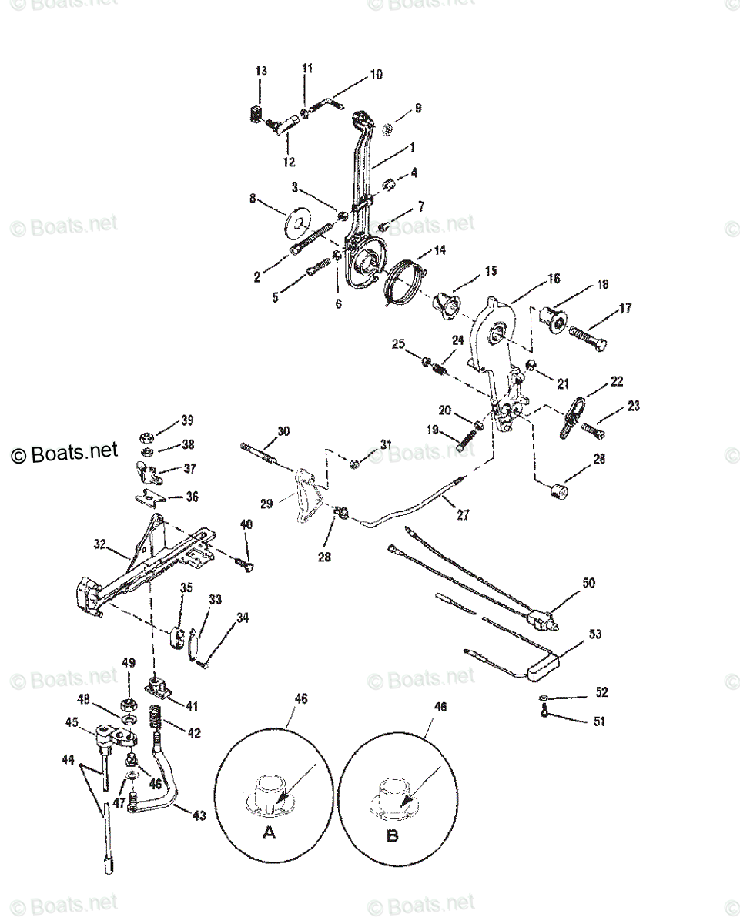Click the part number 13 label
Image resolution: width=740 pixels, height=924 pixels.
[261, 72]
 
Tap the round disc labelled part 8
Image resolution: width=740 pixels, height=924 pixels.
[297, 224]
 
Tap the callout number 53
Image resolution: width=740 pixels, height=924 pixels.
[595, 634]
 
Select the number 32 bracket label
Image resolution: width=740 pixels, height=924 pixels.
[99, 544]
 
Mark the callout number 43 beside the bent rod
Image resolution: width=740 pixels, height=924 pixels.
[198, 815]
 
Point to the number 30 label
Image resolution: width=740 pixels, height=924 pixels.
[283, 432]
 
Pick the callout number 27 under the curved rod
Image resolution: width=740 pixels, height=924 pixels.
[462, 515]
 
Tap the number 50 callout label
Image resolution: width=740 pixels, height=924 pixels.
[588, 583]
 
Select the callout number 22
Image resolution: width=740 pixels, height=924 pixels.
[617, 382]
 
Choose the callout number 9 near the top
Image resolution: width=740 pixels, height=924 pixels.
[418, 109]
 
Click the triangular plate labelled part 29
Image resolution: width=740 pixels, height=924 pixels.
[307, 497]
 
